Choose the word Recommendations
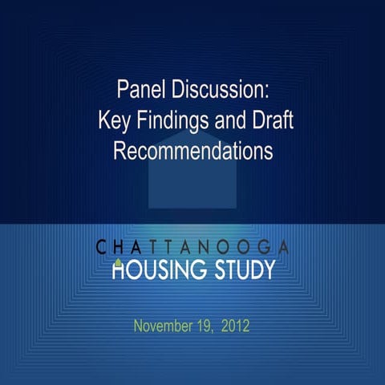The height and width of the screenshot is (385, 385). point(193,150)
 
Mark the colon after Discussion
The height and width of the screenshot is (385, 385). point(267,88)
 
